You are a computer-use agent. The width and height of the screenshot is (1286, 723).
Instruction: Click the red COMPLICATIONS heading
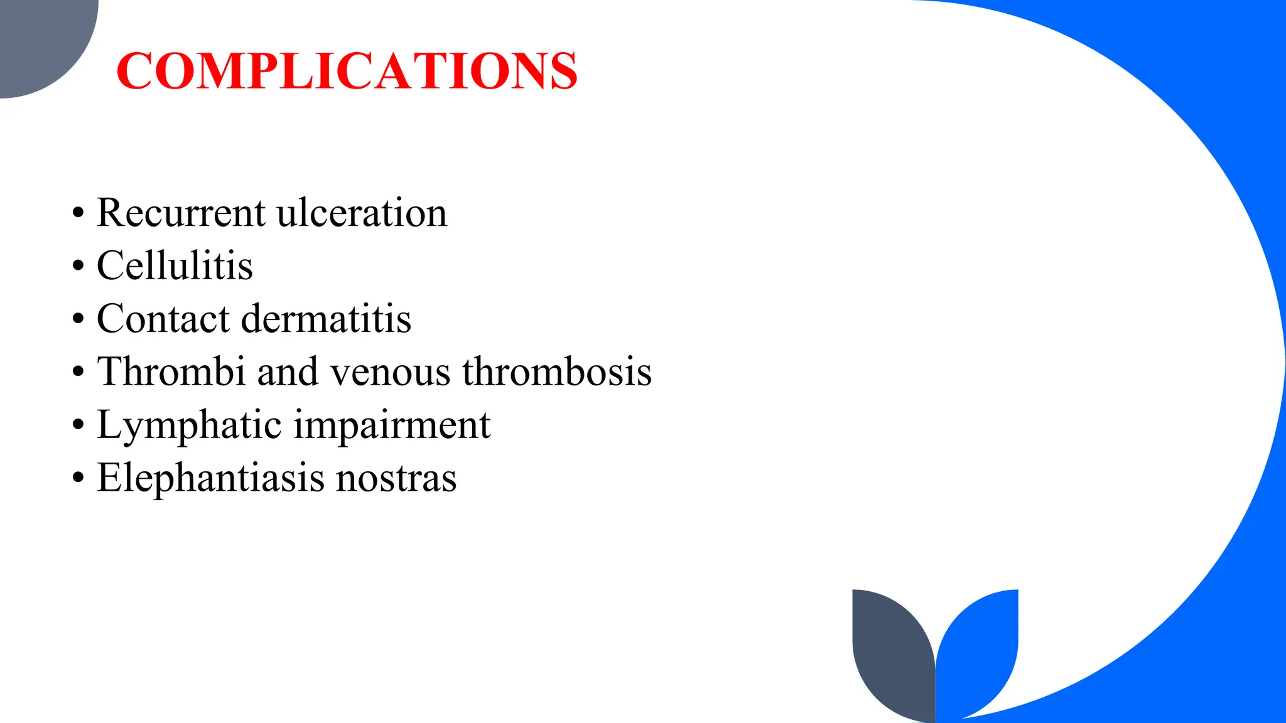coord(347,70)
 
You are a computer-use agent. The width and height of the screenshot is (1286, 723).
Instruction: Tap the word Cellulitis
coord(175,265)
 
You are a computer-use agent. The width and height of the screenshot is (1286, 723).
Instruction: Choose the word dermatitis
coord(326,318)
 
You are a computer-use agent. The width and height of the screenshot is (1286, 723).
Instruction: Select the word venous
coord(390,372)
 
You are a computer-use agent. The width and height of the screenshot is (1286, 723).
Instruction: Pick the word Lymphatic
coord(188,426)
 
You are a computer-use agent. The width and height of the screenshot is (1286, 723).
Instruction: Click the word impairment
coord(392,426)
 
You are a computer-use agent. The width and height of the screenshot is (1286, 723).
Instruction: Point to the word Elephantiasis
coord(211,478)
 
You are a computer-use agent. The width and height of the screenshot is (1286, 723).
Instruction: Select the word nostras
coord(396,479)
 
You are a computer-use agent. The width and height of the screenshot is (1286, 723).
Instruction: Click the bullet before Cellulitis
coord(77,266)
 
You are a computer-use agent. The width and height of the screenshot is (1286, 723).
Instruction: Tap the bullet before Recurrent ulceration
coord(77,213)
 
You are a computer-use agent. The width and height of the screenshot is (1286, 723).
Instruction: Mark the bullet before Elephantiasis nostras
coord(77,478)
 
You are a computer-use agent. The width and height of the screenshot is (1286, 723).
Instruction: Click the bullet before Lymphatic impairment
coord(77,426)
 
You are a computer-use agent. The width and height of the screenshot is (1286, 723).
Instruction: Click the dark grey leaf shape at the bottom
coord(890,653)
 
